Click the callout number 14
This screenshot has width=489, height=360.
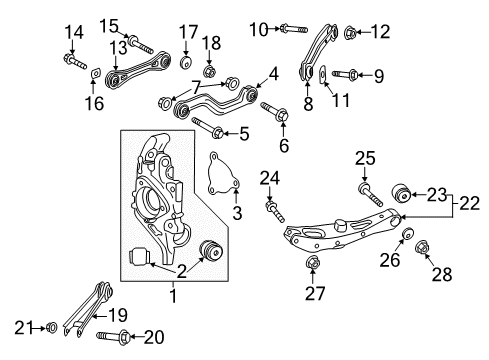click(74, 32)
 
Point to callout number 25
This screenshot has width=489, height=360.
click(365, 157)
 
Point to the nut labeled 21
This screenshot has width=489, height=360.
click(52, 326)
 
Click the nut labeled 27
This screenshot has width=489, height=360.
click(311, 264)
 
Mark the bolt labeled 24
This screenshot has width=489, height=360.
click(270, 208)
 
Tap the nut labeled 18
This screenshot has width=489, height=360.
click(210, 71)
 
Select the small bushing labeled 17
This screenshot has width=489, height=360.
click(186, 63)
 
